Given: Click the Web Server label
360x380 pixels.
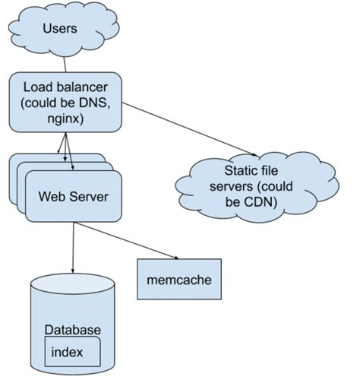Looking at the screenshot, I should pyautogui.click(x=73, y=197).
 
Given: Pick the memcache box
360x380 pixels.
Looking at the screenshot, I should pyautogui.click(x=179, y=279).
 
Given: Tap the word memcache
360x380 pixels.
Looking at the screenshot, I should pyautogui.click(x=179, y=279).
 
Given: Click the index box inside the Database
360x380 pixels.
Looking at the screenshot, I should pyautogui.click(x=74, y=352).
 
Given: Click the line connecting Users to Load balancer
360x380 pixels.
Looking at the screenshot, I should pyautogui.click(x=66, y=65).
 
